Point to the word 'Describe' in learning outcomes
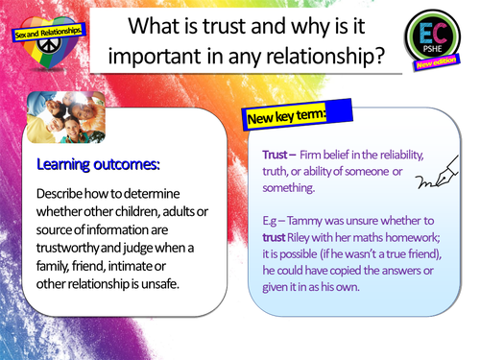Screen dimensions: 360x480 (65, 191)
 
